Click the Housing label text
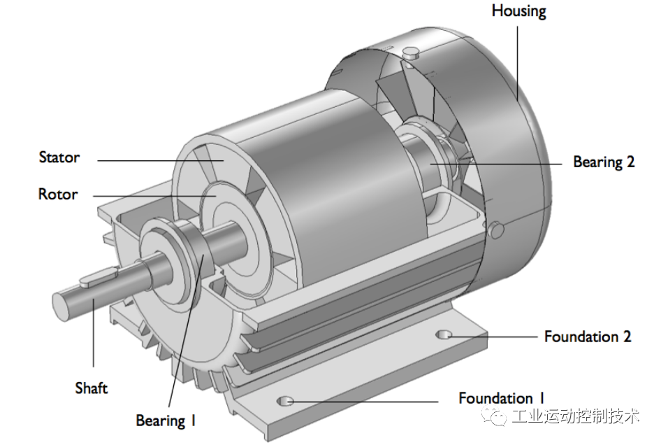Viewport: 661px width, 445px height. point(518,11)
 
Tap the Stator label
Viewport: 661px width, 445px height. point(59,157)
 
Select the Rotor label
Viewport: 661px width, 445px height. point(58,194)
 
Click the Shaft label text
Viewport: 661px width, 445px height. point(92,387)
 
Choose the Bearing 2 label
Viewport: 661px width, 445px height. point(604,162)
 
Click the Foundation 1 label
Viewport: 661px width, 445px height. point(501,398)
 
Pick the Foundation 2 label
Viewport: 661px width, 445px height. point(588,337)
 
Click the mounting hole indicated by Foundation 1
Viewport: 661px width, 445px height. point(285,401)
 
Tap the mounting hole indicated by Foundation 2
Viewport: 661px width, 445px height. point(444,335)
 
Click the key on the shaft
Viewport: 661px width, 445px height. point(96,279)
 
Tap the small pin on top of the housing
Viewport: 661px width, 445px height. point(410,50)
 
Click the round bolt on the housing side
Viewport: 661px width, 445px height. point(497,229)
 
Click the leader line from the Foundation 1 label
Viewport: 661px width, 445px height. point(363,402)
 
